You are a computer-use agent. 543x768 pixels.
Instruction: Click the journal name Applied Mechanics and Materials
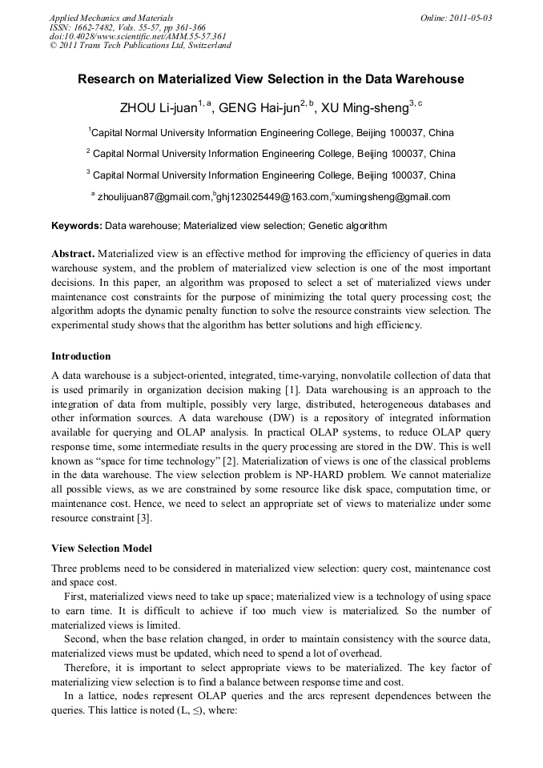(x=111, y=18)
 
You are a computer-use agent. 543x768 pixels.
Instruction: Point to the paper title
(x=271, y=79)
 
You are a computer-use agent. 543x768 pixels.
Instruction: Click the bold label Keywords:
(x=76, y=227)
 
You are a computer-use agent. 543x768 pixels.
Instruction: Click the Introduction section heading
(x=81, y=356)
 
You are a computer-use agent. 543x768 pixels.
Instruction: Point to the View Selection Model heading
(x=102, y=549)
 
